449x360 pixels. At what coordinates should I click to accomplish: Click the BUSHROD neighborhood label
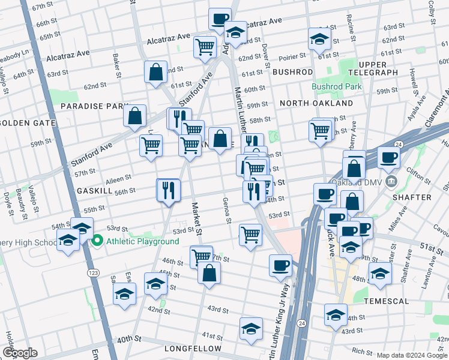[x=293, y=71]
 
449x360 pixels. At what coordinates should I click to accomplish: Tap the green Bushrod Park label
[x=337, y=86]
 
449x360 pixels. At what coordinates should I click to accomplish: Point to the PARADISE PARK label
[x=91, y=106]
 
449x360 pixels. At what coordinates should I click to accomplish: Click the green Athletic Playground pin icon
[x=98, y=241]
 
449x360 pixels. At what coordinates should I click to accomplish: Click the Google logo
[x=19, y=353]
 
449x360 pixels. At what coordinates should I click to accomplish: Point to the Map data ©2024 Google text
[x=412, y=355]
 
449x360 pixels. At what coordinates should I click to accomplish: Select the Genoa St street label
[x=227, y=210]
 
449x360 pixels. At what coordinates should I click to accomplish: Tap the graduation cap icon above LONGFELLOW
[x=251, y=328]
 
